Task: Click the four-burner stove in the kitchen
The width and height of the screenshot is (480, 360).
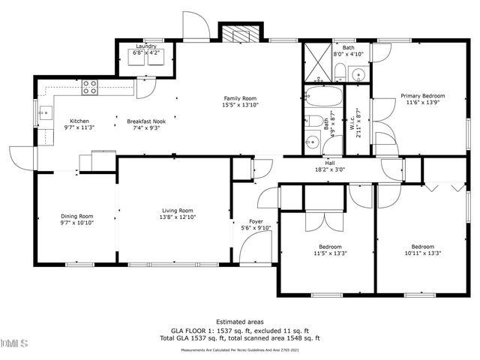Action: point(90,88)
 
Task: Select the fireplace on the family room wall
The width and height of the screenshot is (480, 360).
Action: point(239,34)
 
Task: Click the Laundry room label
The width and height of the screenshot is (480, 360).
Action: point(145,46)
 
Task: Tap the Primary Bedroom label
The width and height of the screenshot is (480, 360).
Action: point(422,96)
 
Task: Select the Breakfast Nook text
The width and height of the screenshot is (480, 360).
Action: point(142,121)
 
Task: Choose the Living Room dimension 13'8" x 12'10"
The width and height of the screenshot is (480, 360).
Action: point(178,217)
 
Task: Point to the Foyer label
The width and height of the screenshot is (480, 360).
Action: point(256,221)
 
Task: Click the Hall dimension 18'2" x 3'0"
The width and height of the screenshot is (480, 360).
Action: point(329,169)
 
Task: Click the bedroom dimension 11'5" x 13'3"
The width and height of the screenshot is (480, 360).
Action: point(330,253)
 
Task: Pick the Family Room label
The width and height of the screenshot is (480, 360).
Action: point(240,98)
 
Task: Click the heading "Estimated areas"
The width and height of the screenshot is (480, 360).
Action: point(239,321)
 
